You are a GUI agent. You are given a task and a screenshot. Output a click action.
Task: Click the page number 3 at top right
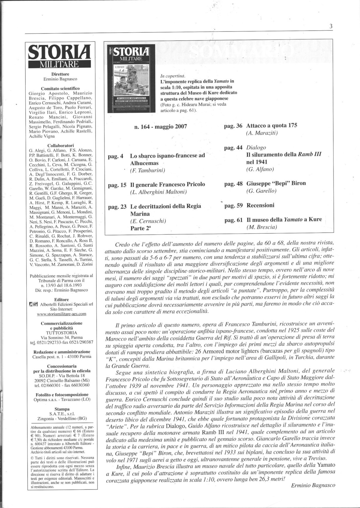(x=331, y=26)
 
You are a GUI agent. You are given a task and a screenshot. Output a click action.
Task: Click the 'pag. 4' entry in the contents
(x=116, y=156)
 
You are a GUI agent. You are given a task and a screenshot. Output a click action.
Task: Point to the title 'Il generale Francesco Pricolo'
(x=167, y=185)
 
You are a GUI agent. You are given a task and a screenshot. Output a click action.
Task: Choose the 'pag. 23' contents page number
(x=117, y=206)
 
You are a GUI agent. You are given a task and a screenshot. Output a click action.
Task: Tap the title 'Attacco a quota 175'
(x=272, y=125)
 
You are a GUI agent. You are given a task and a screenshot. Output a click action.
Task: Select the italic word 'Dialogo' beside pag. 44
(x=256, y=148)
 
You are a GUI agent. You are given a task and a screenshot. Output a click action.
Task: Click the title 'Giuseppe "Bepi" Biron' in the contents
(x=276, y=183)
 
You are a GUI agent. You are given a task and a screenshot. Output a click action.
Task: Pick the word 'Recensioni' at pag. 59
(x=261, y=205)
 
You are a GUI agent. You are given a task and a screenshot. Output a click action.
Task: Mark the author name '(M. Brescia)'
(x=262, y=227)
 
